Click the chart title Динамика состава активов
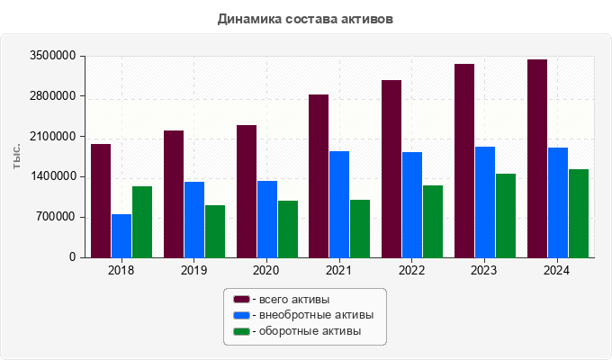tap(305, 18)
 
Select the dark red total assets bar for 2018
tap(101, 201)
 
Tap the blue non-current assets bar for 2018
tap(121, 236)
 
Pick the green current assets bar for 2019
tap(215, 231)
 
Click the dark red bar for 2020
tap(247, 191)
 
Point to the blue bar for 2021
tap(339, 204)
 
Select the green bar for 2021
tap(360, 229)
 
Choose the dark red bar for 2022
tap(391, 168)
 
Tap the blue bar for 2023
tap(485, 202)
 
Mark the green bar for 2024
tap(579, 213)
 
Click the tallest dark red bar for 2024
tap(537, 158)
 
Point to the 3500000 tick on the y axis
tap(53, 56)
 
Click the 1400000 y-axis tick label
tap(53, 176)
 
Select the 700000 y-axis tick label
tap(56, 217)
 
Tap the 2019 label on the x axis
tap(193, 269)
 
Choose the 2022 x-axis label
tap(411, 269)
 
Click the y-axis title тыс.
tap(17, 157)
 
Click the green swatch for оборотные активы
tap(241, 331)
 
